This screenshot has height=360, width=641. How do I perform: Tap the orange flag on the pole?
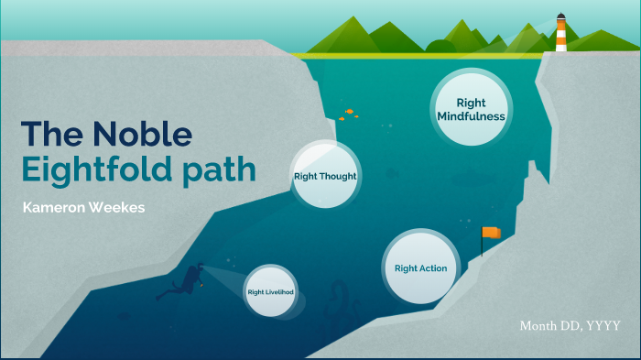tap(493, 233)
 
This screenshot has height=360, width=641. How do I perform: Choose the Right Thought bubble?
tap(325, 176)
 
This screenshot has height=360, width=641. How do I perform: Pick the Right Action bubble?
tap(420, 267)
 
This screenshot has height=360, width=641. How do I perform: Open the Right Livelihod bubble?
tap(276, 292)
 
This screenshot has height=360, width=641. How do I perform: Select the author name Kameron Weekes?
tap(83, 208)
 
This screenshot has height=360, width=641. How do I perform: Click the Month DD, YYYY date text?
tap(570, 326)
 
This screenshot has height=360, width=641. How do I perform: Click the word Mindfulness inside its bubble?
tap(471, 117)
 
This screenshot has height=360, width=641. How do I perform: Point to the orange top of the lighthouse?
tap(560, 17)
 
